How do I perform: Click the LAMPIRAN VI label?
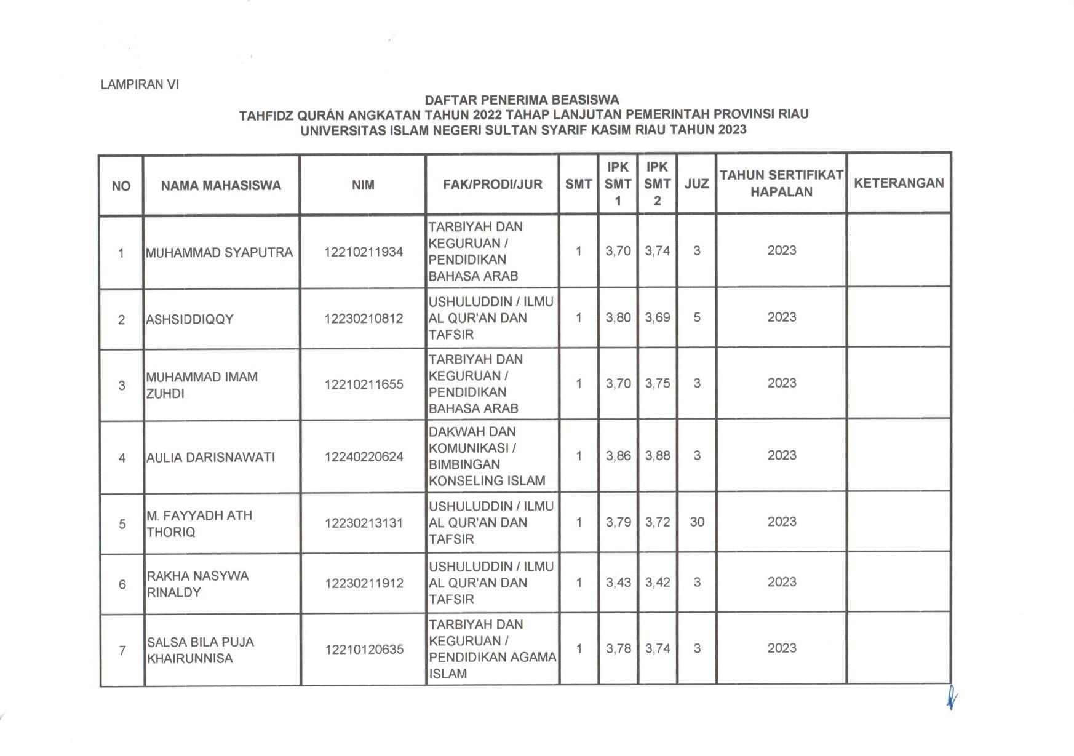coord(140,84)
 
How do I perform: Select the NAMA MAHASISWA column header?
coord(221,185)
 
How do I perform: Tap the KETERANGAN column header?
coord(899,183)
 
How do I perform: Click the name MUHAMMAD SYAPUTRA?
coord(219,252)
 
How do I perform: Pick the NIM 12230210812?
coord(364,319)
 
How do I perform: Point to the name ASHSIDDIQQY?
coord(189,319)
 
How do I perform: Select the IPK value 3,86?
coord(618,456)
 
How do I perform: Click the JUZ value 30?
coord(697,522)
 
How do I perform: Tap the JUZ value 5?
coord(697,317)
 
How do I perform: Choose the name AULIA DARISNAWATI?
coord(210,457)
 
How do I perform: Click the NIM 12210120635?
coord(364,649)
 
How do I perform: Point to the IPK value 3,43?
coord(618,582)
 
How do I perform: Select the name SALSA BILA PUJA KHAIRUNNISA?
coord(200,650)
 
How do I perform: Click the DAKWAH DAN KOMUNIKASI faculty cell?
coord(487,456)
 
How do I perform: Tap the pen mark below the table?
coord(952,698)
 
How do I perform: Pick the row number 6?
coord(122,584)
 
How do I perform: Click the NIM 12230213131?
coord(364,523)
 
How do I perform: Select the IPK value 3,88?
coord(657,456)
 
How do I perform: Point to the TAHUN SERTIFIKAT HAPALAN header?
coord(781,183)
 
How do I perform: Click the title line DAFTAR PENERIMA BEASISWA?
coord(522,100)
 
